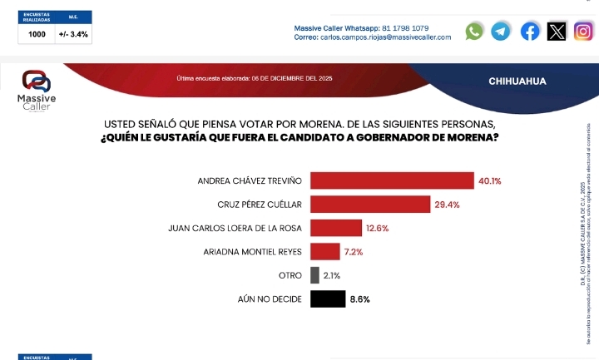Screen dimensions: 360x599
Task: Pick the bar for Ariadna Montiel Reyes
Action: [x=324, y=251]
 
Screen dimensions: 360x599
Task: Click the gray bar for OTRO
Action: [x=314, y=275]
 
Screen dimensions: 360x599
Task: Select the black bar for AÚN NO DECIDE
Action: [x=328, y=298]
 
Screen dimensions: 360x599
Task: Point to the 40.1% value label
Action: [x=489, y=180]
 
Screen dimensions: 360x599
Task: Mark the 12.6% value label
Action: [x=377, y=228]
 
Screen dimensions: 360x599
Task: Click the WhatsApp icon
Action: [x=474, y=32]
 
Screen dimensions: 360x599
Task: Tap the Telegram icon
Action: [x=501, y=32]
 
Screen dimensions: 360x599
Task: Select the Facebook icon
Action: [x=530, y=32]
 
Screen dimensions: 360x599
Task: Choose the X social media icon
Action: [x=557, y=32]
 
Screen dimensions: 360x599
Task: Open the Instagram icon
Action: [x=584, y=32]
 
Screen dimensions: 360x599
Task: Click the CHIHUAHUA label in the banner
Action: [x=517, y=81]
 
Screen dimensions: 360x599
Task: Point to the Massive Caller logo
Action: [x=37, y=92]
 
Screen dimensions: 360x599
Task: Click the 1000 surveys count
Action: [x=37, y=35]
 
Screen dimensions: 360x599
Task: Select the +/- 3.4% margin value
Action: [x=73, y=35]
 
